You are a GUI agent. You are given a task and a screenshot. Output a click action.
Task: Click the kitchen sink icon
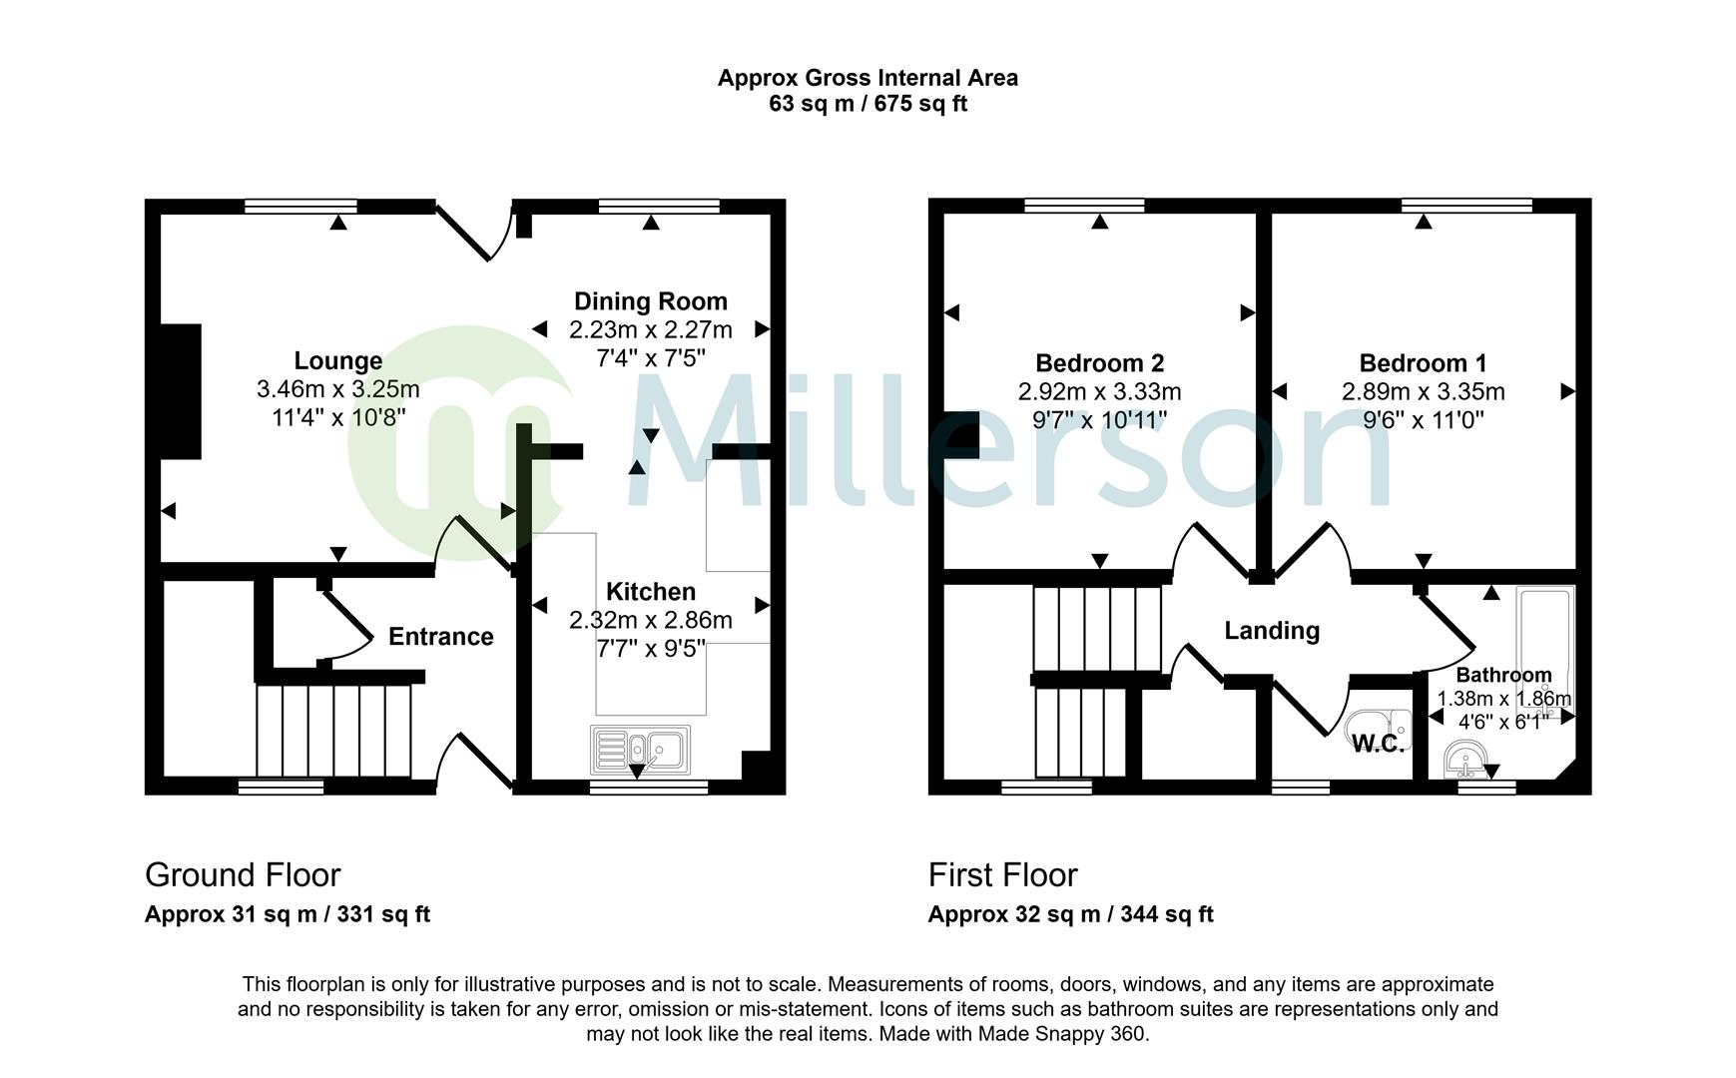[x=640, y=750]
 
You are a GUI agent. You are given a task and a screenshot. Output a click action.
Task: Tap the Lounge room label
[x=337, y=360]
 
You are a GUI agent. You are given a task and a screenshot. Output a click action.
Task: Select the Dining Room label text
[x=650, y=301]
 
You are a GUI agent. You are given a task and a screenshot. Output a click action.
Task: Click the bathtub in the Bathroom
[x=1544, y=639]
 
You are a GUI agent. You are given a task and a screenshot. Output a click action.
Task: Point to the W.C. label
[x=1378, y=744]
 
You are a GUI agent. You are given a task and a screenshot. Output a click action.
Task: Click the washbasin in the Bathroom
[x=1464, y=761]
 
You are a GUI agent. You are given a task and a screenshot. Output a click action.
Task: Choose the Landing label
[x=1272, y=631]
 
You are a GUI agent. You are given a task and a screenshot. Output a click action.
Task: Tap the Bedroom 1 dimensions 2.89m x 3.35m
[x=1423, y=392]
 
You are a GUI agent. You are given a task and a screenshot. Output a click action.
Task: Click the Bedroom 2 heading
[x=1099, y=363]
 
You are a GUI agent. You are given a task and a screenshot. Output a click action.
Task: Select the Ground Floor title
[x=243, y=875]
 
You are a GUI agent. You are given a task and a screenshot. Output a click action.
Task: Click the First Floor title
[x=1002, y=875]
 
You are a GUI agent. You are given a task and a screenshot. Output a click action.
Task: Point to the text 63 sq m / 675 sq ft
[x=868, y=104]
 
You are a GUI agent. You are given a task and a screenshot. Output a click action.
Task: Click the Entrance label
[x=440, y=637]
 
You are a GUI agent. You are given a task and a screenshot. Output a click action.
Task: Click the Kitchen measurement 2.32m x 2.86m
[x=650, y=621]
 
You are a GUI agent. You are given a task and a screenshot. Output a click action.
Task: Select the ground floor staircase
[x=333, y=730]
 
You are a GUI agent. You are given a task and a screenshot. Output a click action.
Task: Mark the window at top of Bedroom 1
[x=1465, y=206]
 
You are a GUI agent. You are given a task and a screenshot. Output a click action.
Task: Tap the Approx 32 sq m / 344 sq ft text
[x=1070, y=914]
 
